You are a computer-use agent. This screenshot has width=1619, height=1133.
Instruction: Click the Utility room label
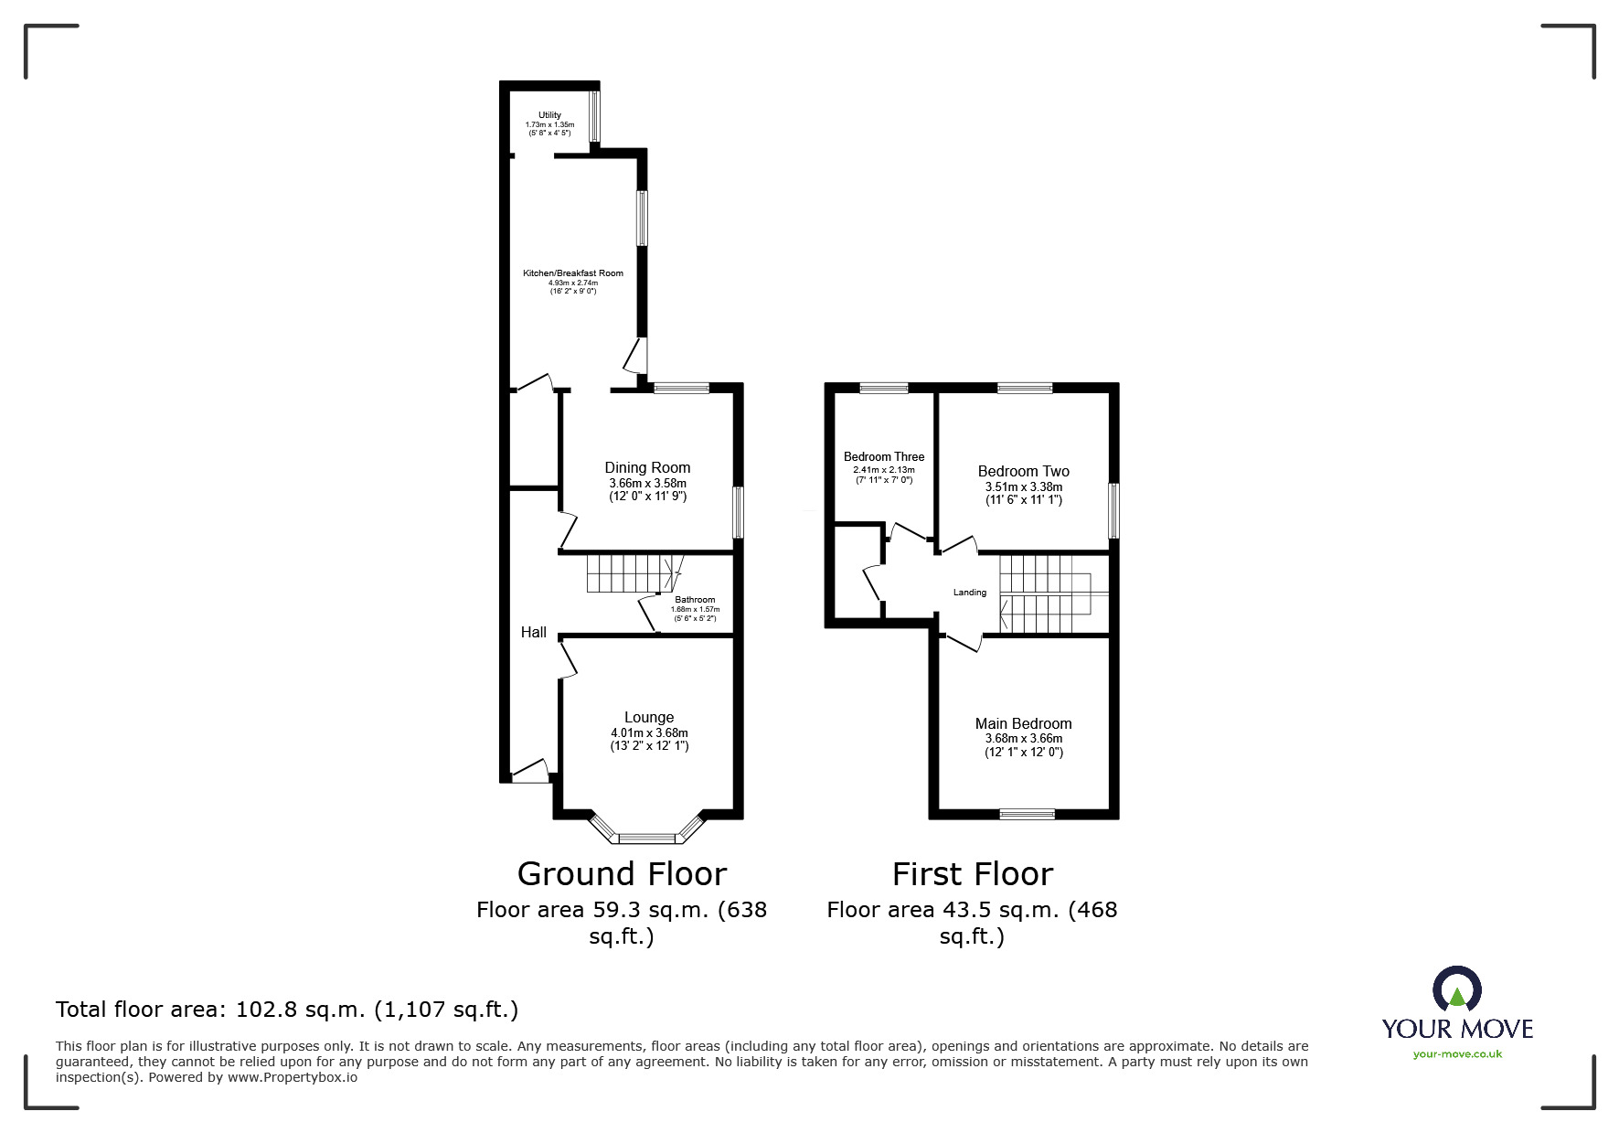pos(549,115)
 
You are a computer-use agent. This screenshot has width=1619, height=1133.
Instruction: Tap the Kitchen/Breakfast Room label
pos(572,273)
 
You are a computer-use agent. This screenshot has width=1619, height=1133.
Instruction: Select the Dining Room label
pos(647,468)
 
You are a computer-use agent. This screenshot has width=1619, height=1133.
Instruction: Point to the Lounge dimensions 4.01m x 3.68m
pos(649,733)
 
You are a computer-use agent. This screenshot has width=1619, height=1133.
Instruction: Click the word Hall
pos(534,633)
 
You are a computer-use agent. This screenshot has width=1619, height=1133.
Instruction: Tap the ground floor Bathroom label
pos(695,600)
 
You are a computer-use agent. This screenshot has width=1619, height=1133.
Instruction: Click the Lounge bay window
pos(647,835)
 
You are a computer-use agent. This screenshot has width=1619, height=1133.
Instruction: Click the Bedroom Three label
pos(883,457)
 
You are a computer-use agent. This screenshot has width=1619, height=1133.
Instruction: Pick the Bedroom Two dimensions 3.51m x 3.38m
pos(1023,487)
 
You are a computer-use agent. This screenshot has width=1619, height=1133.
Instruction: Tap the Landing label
pos(970,593)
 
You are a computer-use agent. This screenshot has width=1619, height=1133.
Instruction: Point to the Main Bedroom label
pos(1023,724)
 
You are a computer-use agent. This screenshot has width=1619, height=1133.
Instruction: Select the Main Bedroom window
pos(1027,813)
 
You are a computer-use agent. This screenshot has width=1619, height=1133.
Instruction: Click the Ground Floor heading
pos(622,874)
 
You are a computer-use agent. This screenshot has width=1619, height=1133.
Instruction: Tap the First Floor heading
pos(972,874)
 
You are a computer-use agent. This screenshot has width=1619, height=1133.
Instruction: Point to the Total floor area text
pos(287,1010)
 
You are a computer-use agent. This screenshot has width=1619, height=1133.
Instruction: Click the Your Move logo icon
pos(1456,989)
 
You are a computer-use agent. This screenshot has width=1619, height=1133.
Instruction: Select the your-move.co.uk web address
pos(1457,1054)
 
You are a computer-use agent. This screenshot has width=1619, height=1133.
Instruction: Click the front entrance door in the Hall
pos(529,774)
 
